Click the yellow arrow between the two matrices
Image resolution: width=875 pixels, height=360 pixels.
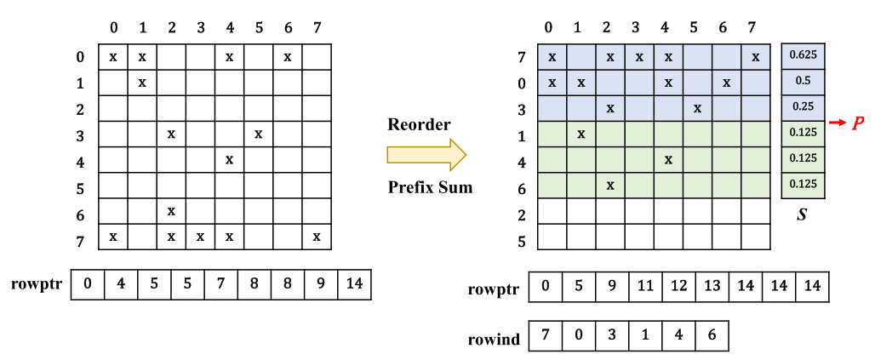[x=426, y=155]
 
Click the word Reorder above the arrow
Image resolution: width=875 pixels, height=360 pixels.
[x=419, y=125]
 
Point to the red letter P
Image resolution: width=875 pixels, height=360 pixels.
[x=858, y=123]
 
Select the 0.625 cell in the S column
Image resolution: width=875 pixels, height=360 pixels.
[x=801, y=55]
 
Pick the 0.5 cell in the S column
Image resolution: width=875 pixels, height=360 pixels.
[x=801, y=81]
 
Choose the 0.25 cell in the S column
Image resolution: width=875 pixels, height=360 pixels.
[x=801, y=107]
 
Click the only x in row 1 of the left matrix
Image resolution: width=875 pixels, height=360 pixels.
[x=142, y=83]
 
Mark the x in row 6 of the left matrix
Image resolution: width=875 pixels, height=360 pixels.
[x=171, y=210]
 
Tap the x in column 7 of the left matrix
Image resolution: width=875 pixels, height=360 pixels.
[x=316, y=236]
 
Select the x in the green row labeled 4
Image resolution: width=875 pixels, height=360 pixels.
[x=668, y=159]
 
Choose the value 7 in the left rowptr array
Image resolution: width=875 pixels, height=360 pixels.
[x=220, y=283]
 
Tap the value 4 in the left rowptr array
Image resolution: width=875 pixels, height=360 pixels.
[x=120, y=283]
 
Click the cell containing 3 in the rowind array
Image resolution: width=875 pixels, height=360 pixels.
[x=611, y=335]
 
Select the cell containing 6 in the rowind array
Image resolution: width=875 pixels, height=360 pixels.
[x=712, y=335]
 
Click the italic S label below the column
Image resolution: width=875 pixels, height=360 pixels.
[x=801, y=215]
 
